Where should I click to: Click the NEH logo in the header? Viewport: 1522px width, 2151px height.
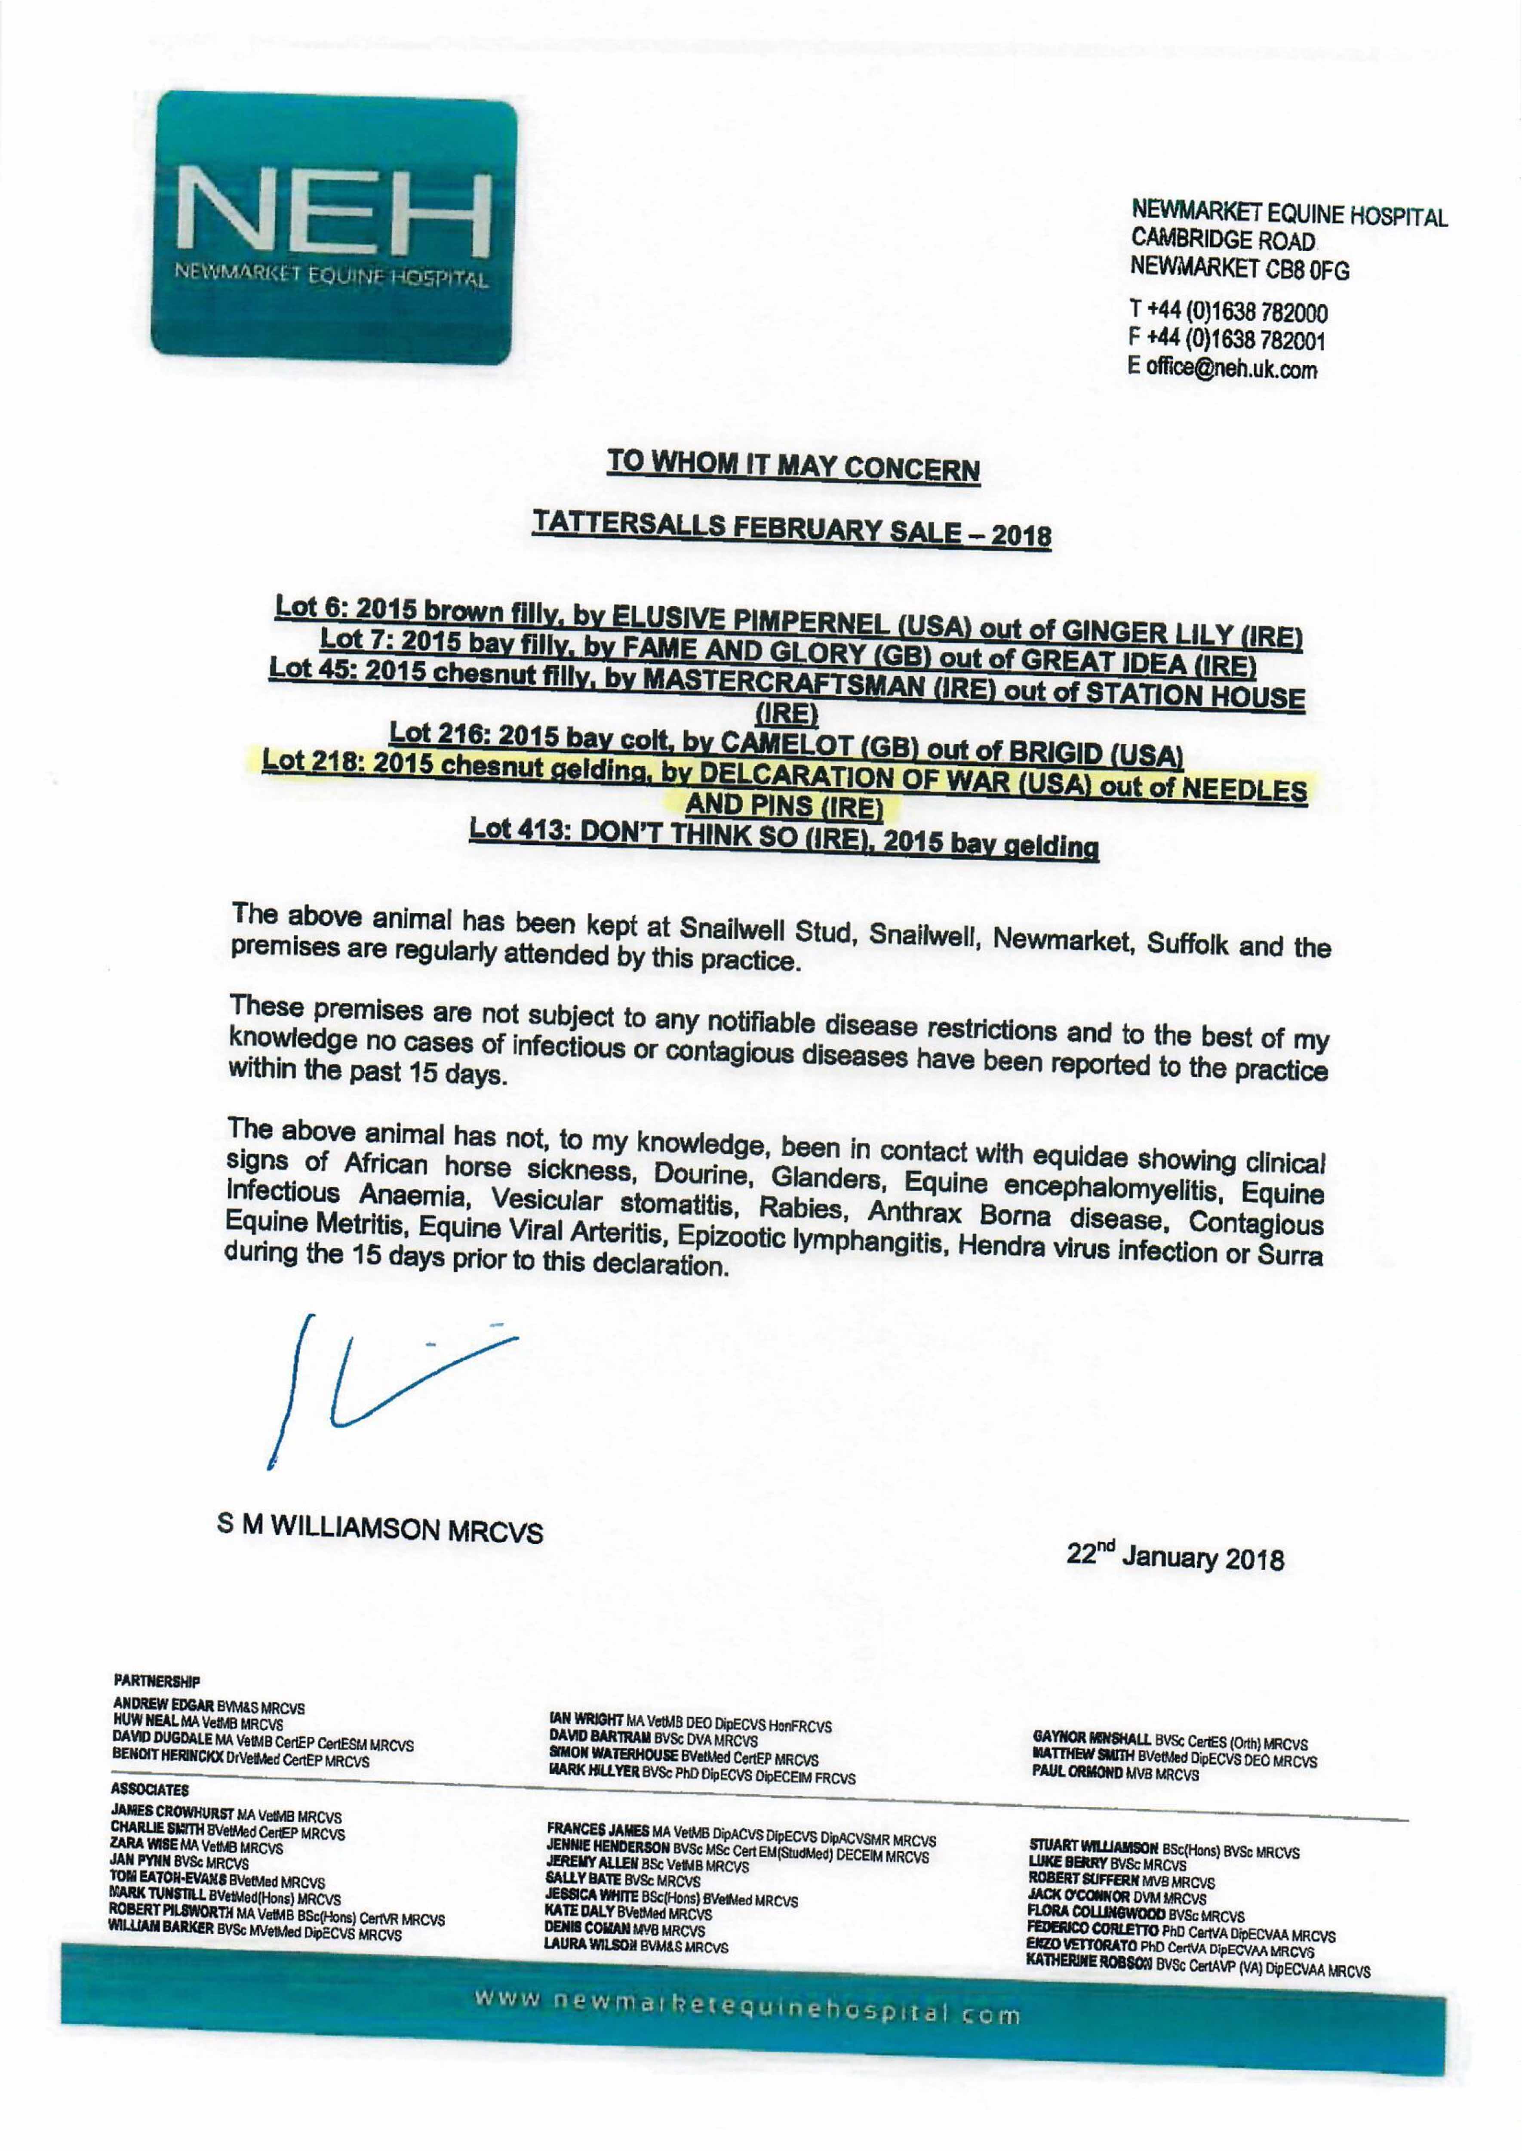pos(334,230)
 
